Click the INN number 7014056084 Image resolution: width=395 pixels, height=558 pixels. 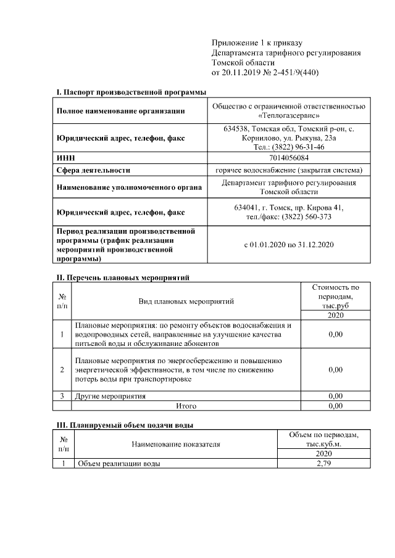click(289, 158)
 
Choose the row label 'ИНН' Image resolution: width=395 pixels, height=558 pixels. click(65, 158)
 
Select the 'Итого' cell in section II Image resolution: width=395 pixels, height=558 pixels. click(186, 406)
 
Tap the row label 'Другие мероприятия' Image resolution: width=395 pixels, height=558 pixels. click(110, 396)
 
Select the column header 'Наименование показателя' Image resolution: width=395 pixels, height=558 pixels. click(175, 444)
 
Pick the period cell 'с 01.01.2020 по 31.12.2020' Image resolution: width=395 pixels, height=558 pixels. click(289, 245)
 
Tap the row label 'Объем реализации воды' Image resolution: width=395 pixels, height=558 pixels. click(118, 464)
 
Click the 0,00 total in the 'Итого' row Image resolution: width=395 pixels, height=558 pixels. click(335, 406)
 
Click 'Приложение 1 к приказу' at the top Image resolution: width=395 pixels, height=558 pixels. click(257, 43)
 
